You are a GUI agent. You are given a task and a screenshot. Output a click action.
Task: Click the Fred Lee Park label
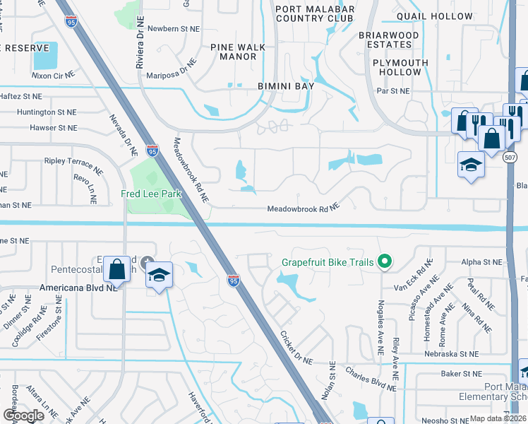click(x=151, y=193)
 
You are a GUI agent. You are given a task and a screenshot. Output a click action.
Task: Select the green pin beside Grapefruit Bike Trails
click(x=385, y=262)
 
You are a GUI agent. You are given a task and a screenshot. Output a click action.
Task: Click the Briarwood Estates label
click(x=389, y=40)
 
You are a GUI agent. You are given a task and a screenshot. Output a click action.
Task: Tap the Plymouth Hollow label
click(x=400, y=67)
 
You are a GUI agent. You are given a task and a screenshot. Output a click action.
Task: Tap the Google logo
click(x=23, y=415)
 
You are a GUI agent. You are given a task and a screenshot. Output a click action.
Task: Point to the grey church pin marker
click(x=147, y=263)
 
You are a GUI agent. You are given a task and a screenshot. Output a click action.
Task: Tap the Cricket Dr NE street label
click(x=296, y=348)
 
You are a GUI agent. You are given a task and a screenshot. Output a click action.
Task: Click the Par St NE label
click(x=393, y=90)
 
